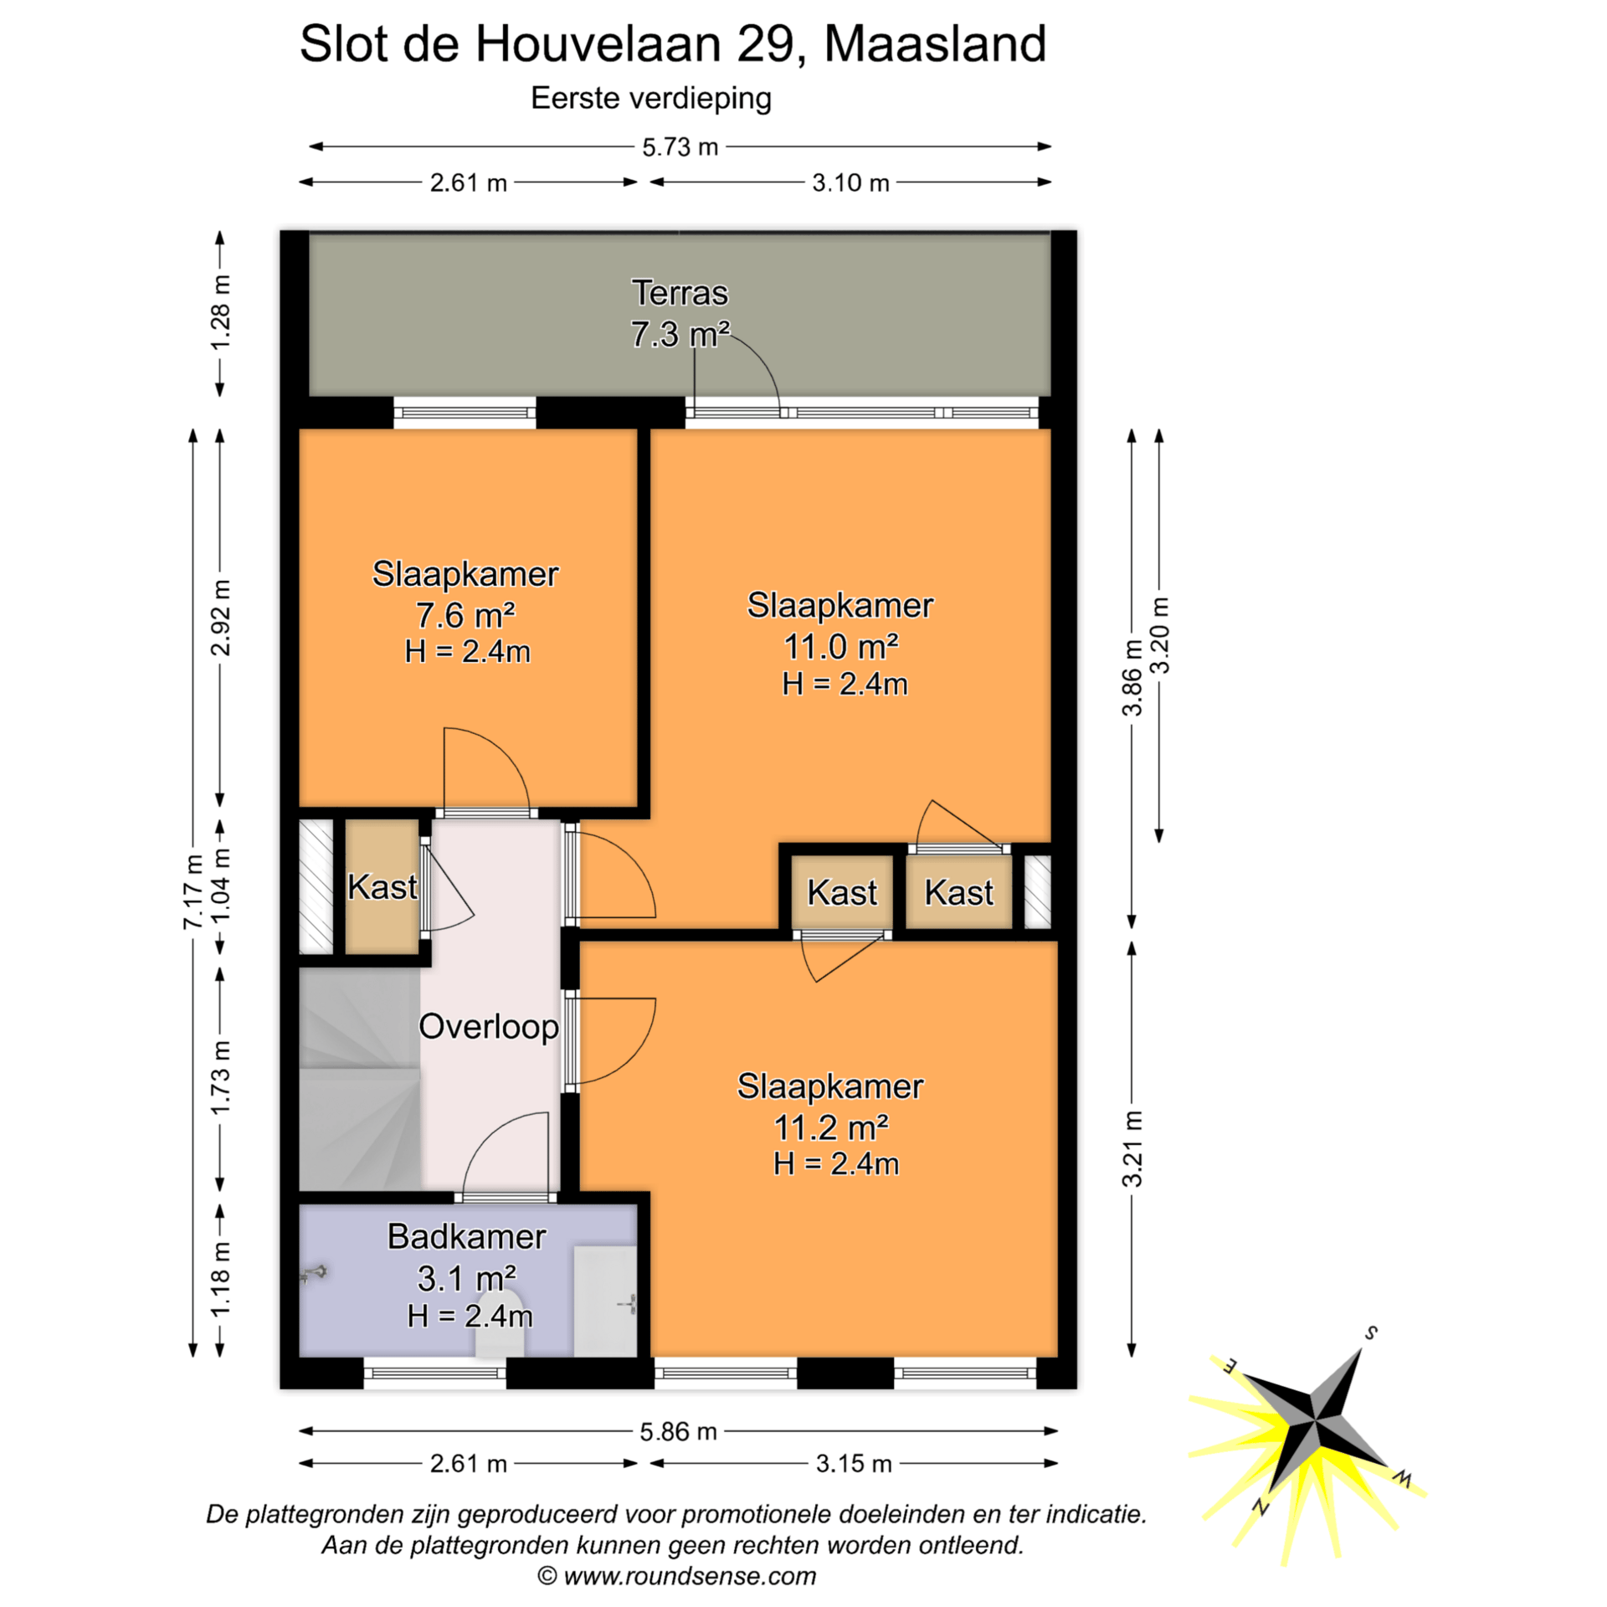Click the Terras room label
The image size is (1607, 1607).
[x=680, y=293]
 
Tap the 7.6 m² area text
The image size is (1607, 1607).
[x=465, y=615]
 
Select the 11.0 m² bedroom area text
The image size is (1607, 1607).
[x=840, y=647]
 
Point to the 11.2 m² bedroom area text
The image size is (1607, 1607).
[x=831, y=1127]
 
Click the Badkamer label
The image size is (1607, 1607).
[x=466, y=1236]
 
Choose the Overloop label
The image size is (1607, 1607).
[x=489, y=1027]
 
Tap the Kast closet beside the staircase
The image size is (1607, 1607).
[x=382, y=887]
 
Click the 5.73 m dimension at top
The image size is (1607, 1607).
[x=680, y=147]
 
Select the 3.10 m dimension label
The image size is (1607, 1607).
[x=850, y=182]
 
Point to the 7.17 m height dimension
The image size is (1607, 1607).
[x=193, y=891]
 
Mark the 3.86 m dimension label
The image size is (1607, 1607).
[x=1132, y=678]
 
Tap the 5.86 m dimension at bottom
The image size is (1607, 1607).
[x=678, y=1431]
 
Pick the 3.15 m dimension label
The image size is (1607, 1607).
[x=854, y=1463]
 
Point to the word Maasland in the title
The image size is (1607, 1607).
[x=935, y=44]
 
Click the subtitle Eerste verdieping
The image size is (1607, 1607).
[x=651, y=99]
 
